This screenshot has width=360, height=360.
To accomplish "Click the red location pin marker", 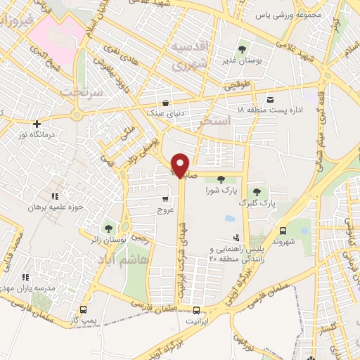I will click(x=181, y=164).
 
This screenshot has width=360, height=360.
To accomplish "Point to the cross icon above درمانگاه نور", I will click(x=37, y=124).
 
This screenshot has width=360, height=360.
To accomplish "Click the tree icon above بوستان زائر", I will click(x=108, y=228).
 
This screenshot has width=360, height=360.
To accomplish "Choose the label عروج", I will click(x=165, y=210).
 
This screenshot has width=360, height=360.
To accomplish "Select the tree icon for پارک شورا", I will click(x=221, y=179).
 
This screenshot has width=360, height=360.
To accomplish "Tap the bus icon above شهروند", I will click(x=283, y=231).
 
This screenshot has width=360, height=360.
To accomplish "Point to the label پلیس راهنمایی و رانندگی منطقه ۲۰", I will click(x=236, y=255).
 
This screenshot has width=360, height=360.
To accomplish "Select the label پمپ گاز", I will click(x=83, y=320).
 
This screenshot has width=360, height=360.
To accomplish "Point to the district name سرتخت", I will click(x=80, y=92).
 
